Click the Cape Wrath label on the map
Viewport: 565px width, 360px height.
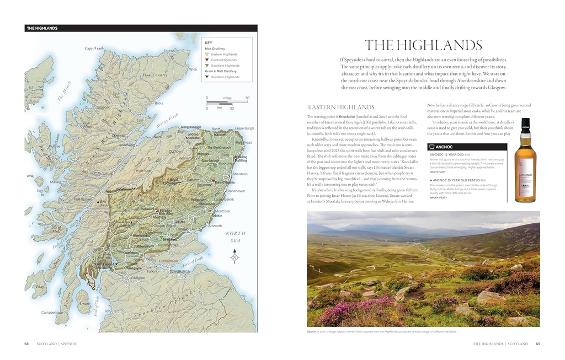coord(94,49)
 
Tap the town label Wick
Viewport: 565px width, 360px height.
coord(193,69)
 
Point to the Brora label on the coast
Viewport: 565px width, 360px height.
coord(159,103)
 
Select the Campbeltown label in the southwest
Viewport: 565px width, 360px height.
coord(52,313)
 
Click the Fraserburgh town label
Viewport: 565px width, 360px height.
coord(244,128)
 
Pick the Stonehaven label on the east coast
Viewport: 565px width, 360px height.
coord(236,191)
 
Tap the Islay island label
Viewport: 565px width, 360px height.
coord(39,287)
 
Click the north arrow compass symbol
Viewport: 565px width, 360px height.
coord(234,256)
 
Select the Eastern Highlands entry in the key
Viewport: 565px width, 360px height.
coord(223,55)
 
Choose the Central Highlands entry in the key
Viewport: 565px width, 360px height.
coord(223,60)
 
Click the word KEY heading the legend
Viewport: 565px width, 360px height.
coord(209,43)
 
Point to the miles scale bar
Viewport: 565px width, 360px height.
coord(227,102)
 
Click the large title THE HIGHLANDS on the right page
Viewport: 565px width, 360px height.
coord(423,45)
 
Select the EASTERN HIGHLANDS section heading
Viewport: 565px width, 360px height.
coord(341,108)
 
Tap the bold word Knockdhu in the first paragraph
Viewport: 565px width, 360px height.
coord(347,117)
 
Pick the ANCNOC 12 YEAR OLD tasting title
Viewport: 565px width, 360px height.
coord(446,155)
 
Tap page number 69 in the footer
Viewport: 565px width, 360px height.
coord(538,344)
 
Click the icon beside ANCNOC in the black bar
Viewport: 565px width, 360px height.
coord(431,147)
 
